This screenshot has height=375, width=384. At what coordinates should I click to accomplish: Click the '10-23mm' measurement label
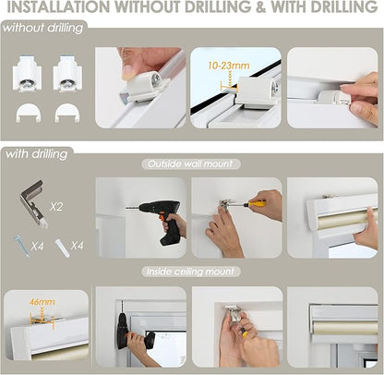tap(228, 66)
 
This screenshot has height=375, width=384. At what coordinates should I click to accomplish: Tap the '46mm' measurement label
tap(42, 302)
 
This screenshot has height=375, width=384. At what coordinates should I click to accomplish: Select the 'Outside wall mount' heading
tap(191, 164)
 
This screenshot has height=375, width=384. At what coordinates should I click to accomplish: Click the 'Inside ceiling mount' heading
tap(191, 272)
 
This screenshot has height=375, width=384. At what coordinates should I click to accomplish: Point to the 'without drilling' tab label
tap(43, 29)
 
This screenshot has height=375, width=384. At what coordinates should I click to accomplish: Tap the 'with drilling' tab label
tap(37, 154)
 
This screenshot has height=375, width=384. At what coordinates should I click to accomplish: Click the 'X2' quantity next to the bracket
tap(56, 207)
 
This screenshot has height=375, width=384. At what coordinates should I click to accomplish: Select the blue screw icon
tap(22, 246)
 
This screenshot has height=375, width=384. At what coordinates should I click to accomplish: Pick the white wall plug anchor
tap(63, 248)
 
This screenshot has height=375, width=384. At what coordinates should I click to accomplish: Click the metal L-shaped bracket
tap(32, 203)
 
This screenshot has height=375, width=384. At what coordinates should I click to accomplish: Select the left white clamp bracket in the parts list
tap(27, 73)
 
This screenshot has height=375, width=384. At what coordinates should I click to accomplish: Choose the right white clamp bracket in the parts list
tap(67, 73)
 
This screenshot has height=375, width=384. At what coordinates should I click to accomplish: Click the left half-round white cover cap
tap(29, 113)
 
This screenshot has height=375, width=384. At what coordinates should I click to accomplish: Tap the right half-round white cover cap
tap(67, 113)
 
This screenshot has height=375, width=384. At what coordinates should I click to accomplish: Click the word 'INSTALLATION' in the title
tap(58, 6)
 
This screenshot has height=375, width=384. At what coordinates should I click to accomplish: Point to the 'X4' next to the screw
tap(37, 247)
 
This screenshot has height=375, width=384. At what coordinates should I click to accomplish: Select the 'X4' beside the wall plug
tap(77, 246)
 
